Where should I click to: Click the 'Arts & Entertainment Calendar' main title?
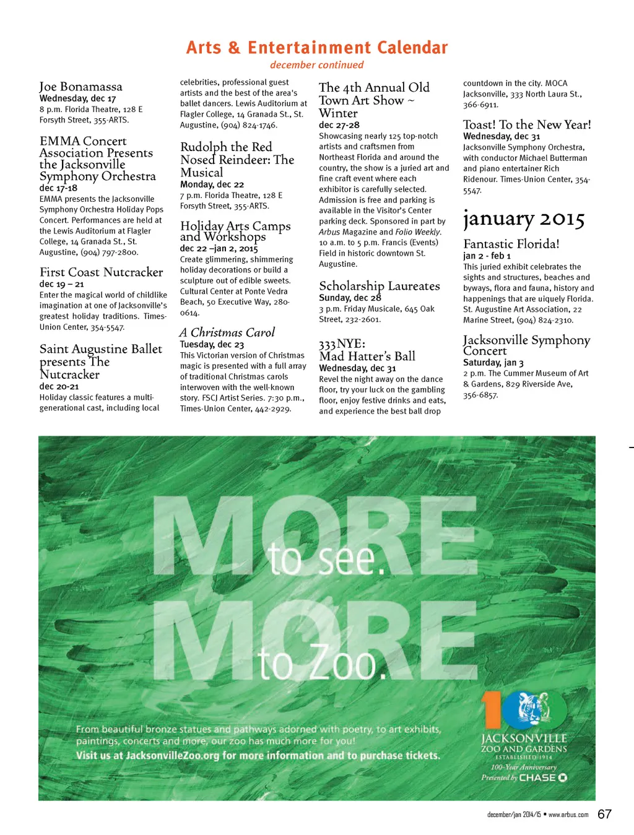pos(317,48)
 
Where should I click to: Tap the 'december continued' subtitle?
pos(316,65)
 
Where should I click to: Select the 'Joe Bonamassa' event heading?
pos(80,87)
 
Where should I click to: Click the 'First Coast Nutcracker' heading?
pos(101,272)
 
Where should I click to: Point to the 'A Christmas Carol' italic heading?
pos(227,332)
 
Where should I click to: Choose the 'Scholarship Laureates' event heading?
pos(380,286)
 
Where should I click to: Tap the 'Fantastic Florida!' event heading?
pos(511,244)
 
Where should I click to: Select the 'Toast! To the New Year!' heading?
pos(527,124)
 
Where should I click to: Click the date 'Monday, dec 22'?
pos(212,184)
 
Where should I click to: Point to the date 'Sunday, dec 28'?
pos(350,298)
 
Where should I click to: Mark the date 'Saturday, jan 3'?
pos(493,363)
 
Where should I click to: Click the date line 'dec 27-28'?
pos(339,125)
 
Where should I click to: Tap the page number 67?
pos(604,815)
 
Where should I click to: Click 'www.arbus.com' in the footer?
pos(568,815)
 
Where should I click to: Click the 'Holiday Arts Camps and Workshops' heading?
pos(235,231)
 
